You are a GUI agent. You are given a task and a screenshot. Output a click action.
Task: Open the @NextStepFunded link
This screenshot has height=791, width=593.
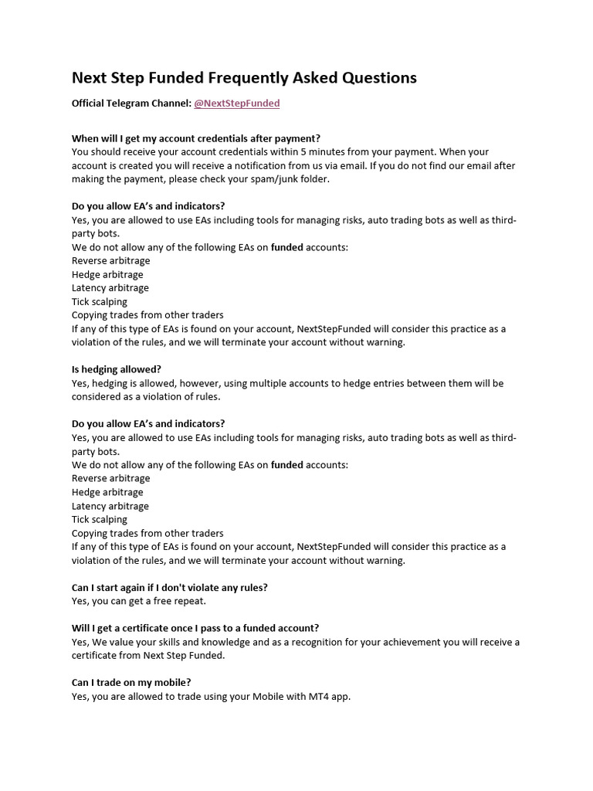click(236, 104)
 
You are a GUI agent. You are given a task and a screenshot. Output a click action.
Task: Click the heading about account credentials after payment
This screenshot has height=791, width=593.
click(196, 139)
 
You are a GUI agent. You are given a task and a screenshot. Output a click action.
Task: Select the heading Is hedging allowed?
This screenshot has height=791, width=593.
click(117, 370)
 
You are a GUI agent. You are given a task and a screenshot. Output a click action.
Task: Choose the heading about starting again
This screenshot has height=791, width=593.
click(170, 588)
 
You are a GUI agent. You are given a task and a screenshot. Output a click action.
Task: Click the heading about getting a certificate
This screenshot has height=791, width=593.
click(195, 629)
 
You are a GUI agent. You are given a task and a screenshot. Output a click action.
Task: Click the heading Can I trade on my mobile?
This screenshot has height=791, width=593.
click(131, 683)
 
